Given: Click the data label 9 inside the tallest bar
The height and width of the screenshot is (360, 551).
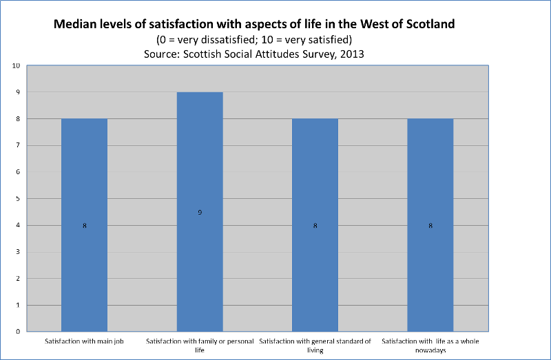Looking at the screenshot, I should [200, 213].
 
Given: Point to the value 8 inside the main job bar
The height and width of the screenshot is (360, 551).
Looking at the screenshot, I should [85, 226].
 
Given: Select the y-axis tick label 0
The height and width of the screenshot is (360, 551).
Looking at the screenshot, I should [18, 332].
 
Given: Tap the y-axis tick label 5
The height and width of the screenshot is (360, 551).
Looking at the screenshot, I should [18, 199].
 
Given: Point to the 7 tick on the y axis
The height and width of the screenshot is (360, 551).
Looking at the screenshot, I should [18, 146].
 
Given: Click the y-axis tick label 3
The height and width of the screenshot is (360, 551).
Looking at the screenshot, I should [18, 252].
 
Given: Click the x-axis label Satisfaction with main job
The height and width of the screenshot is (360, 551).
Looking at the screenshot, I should [84, 341].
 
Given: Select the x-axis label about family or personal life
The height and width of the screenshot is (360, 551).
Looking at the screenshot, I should [200, 345].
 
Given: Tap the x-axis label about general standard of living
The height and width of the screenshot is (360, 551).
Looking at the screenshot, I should [315, 345].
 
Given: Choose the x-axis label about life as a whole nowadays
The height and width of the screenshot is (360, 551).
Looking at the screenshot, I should [430, 345].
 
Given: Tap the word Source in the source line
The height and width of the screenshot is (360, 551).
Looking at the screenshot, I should [163, 52].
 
